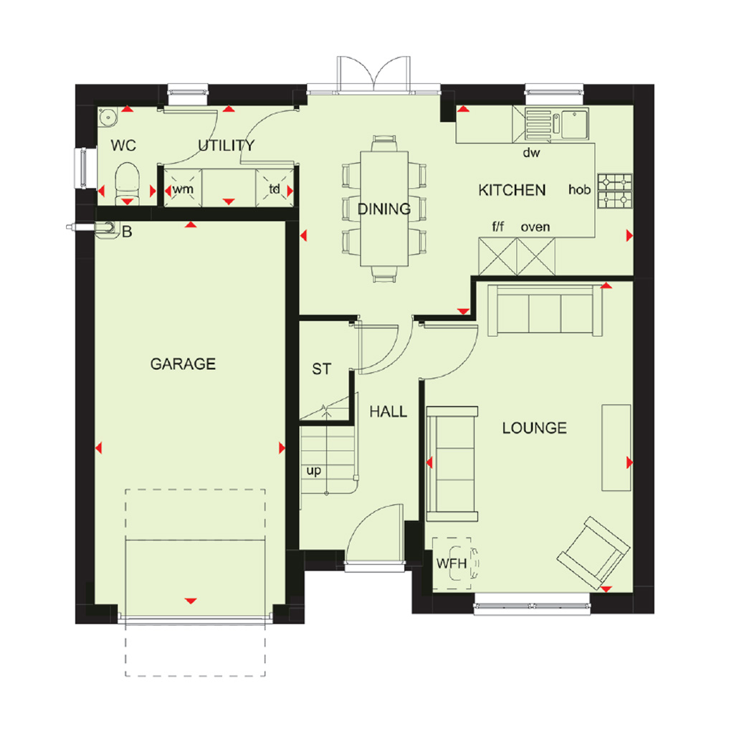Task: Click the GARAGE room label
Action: pyautogui.click(x=183, y=363)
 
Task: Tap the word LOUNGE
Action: pyautogui.click(x=535, y=428)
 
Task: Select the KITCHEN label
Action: pyautogui.click(x=512, y=190)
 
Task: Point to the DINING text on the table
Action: pyautogui.click(x=384, y=209)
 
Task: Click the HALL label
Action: pyautogui.click(x=388, y=411)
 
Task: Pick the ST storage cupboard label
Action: pyautogui.click(x=322, y=369)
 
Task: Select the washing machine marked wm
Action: pyautogui.click(x=183, y=189)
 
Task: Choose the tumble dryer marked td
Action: pyautogui.click(x=275, y=189)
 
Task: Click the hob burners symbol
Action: pyautogui.click(x=614, y=191)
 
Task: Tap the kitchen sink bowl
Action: pyautogui.click(x=574, y=123)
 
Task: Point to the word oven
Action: pyautogui.click(x=535, y=227)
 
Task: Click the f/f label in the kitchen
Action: pyautogui.click(x=498, y=227)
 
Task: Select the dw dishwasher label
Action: pyautogui.click(x=531, y=153)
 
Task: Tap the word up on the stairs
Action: pyautogui.click(x=314, y=470)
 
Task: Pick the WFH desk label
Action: pyautogui.click(x=452, y=563)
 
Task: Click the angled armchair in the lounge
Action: pyautogui.click(x=593, y=553)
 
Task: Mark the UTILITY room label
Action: pyautogui.click(x=226, y=146)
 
